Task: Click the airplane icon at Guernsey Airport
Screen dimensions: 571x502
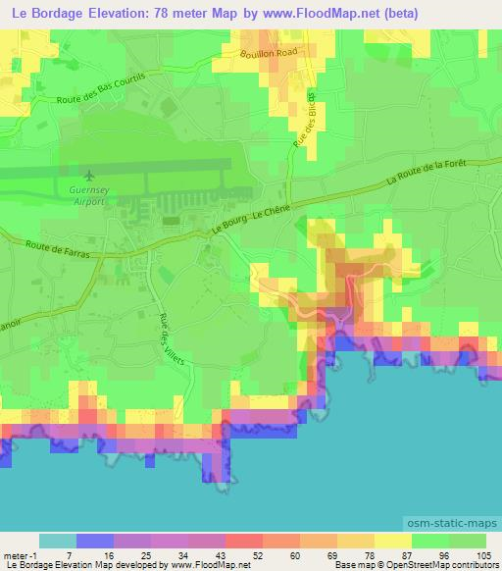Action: (x=91, y=176)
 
